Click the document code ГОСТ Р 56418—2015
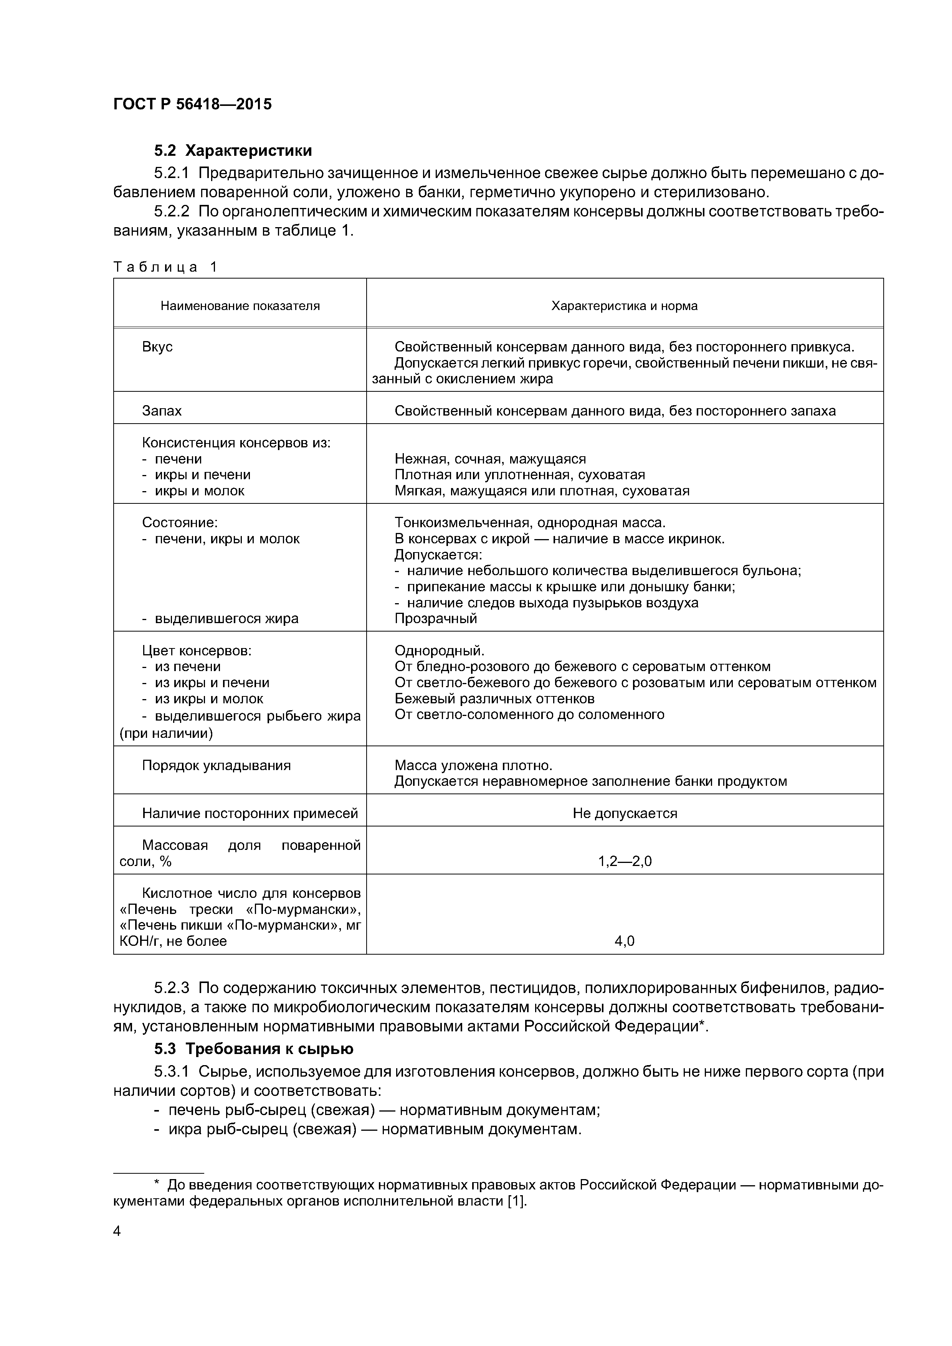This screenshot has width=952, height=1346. click(192, 104)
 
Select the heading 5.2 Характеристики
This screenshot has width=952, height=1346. click(233, 151)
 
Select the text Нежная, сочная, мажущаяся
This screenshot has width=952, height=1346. click(490, 459)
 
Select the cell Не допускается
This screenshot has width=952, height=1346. click(624, 813)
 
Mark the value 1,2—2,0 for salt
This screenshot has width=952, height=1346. click(624, 861)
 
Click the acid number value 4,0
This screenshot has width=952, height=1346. click(624, 941)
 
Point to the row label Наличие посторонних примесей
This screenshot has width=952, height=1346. click(250, 813)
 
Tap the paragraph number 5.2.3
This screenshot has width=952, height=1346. click(171, 988)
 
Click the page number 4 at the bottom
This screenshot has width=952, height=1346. click(117, 1231)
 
